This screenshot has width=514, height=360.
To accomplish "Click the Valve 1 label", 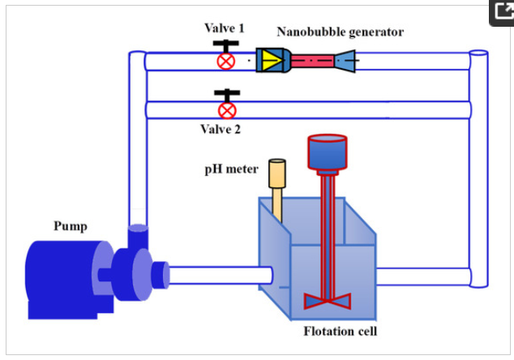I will click(x=225, y=28).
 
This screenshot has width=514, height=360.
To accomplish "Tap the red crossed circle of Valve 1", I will click(x=226, y=61).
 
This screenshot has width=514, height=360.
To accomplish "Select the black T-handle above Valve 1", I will click(x=225, y=44).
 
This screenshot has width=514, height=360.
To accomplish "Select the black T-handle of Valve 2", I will click(x=227, y=93).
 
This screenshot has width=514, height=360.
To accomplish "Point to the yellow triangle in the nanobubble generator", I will click(x=270, y=60).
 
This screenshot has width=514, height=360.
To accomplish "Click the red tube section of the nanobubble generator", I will click(x=311, y=60).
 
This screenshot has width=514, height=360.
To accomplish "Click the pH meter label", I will click(x=231, y=169).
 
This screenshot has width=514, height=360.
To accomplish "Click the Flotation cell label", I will click(x=341, y=331).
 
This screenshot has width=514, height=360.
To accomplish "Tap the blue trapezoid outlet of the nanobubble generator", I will click(x=345, y=60).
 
